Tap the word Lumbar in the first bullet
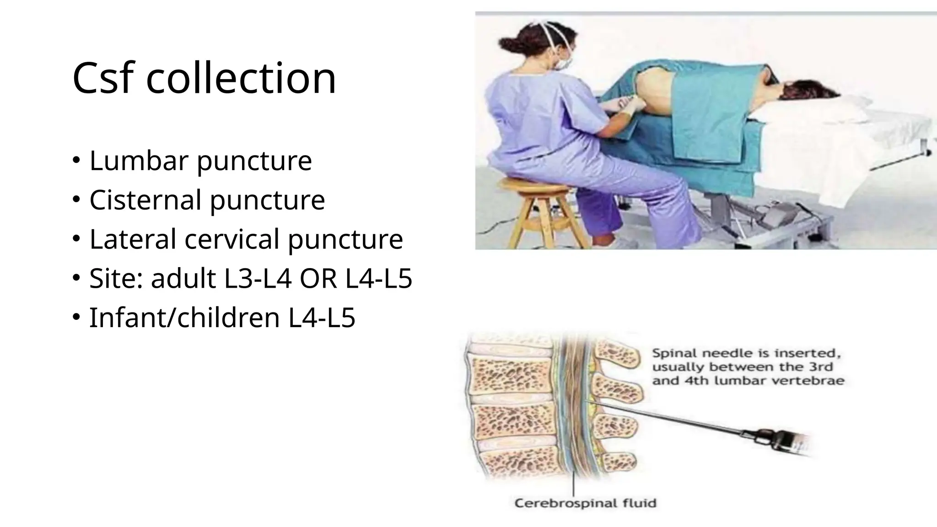pos(139,161)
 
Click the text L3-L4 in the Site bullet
pos(258,279)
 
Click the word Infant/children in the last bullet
pos(184,318)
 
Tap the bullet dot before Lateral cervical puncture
pos(76,238)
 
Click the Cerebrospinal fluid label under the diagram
pos(585,503)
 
